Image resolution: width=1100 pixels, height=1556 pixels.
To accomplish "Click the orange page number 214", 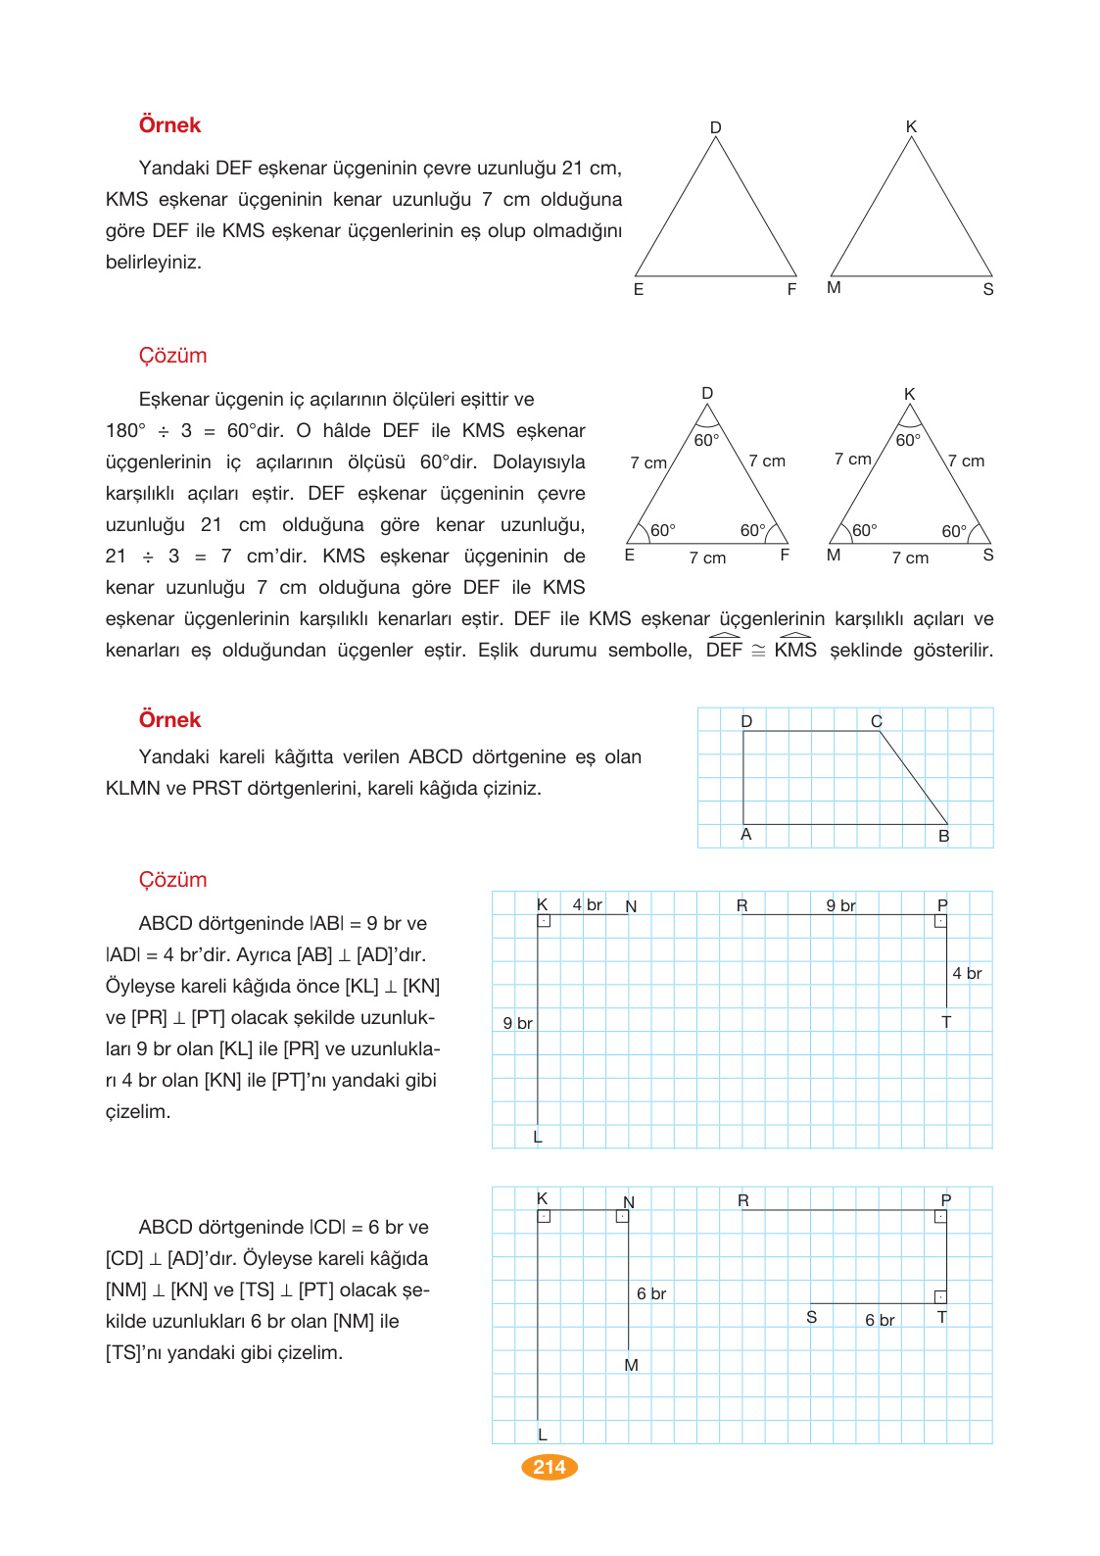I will [x=550, y=1467].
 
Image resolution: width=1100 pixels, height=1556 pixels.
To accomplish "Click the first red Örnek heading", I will [x=169, y=125].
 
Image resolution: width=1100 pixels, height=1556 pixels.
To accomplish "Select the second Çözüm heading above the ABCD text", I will [x=172, y=880].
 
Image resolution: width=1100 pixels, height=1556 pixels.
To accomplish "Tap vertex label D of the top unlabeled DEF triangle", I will [x=715, y=127].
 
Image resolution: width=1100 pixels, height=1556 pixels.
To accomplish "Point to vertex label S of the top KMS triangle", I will [x=988, y=289].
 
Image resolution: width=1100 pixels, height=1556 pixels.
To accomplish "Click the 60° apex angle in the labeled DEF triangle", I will [x=706, y=440].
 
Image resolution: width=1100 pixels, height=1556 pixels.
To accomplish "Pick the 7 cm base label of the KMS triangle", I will [x=910, y=558].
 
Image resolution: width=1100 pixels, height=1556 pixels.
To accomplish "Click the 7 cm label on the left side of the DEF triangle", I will [x=648, y=462].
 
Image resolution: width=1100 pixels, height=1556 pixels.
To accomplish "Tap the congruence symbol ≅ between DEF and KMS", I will [x=758, y=651].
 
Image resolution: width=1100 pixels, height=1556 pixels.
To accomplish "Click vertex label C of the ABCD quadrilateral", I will [x=877, y=721].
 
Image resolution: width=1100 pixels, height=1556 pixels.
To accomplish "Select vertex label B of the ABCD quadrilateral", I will [x=944, y=836].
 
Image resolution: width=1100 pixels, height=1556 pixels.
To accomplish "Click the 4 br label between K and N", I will [x=587, y=904].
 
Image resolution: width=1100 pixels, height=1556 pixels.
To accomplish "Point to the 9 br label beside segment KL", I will [x=517, y=1023].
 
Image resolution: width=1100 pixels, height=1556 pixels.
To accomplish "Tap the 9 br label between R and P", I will [x=840, y=905].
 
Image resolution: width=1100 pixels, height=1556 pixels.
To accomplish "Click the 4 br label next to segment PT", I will [x=967, y=973].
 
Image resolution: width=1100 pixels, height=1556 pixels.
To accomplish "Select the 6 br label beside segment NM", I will [x=651, y=1293].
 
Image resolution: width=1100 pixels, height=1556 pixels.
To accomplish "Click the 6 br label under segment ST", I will [x=880, y=1320].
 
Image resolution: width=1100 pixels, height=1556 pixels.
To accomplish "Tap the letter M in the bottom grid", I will [x=631, y=1365].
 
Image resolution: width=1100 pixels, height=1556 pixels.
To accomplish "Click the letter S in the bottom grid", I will [x=811, y=1317].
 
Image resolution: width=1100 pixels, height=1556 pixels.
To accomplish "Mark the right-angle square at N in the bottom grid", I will [x=622, y=1216].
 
